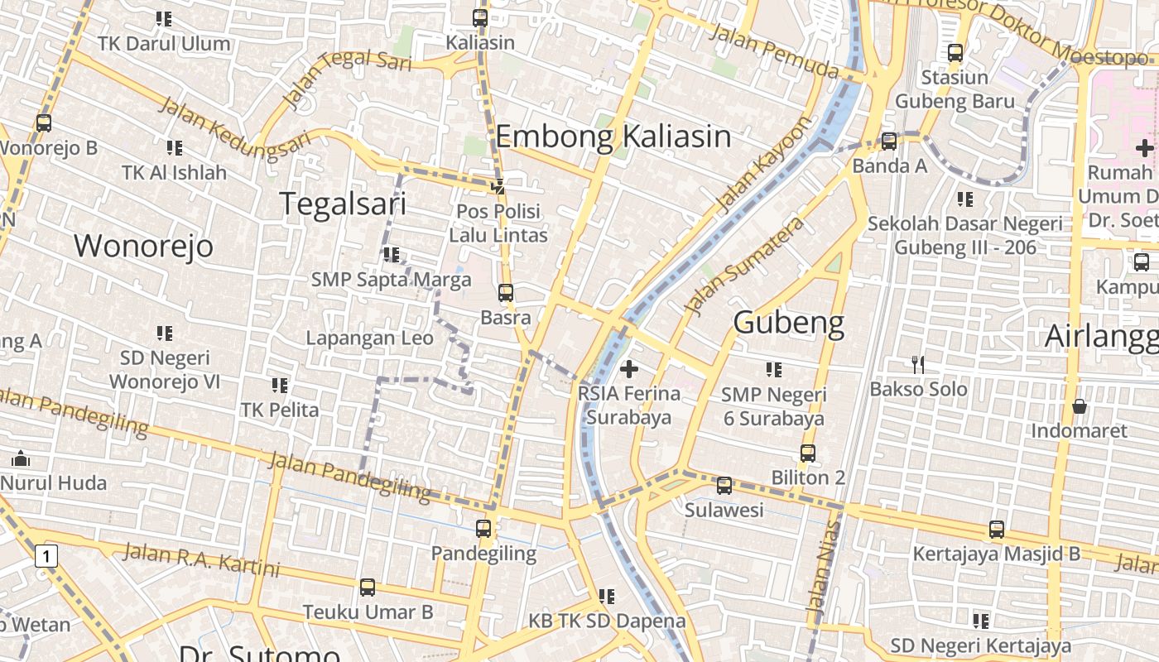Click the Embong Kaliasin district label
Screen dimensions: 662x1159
613,137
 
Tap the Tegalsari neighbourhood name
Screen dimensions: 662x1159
343,204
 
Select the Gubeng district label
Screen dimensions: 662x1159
788,323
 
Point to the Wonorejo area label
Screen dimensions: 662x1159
143,246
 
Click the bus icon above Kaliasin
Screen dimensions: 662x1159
480,17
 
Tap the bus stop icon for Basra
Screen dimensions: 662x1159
505,293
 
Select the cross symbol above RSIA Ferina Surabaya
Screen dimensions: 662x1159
629,369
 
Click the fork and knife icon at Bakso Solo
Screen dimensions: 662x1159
917,364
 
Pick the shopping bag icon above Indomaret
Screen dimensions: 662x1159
1079,406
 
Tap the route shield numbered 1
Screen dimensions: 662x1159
46,556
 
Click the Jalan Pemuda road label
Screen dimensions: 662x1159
774,51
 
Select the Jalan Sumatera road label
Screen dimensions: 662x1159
745,266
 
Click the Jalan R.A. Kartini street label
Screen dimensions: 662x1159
200,560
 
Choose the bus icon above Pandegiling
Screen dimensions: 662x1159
483,528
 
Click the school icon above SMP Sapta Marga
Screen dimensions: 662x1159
392,255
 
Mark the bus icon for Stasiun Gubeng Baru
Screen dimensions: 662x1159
955,53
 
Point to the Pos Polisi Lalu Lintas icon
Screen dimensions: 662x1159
498,187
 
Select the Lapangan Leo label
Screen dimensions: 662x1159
369,338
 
